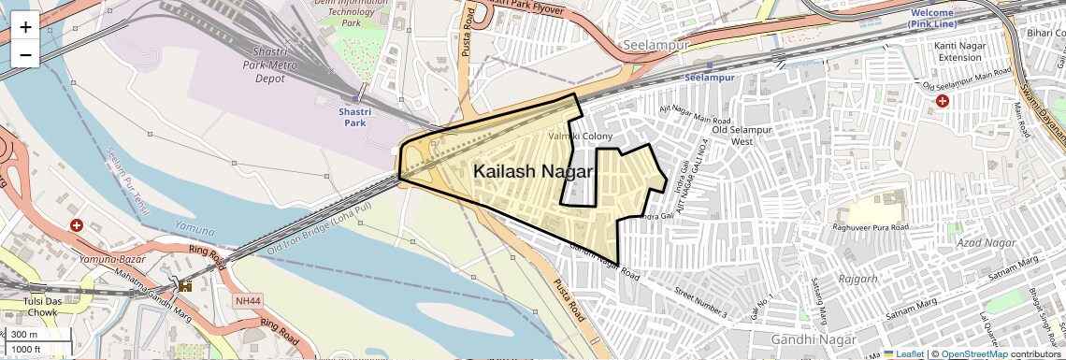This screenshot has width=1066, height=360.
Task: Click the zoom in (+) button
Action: coord(25,27)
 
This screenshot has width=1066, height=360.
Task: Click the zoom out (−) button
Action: coord(25,55)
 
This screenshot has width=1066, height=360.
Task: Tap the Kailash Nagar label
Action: coord(534,172)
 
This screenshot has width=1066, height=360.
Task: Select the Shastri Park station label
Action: coord(353,116)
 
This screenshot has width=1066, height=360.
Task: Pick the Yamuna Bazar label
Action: coord(109,258)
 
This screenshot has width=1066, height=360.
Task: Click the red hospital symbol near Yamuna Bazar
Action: coord(77,225)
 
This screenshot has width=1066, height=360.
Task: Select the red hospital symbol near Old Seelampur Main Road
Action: coord(942,100)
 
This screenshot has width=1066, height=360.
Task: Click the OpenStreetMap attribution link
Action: coord(973,353)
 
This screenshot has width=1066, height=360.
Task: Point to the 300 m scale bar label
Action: coord(25,335)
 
